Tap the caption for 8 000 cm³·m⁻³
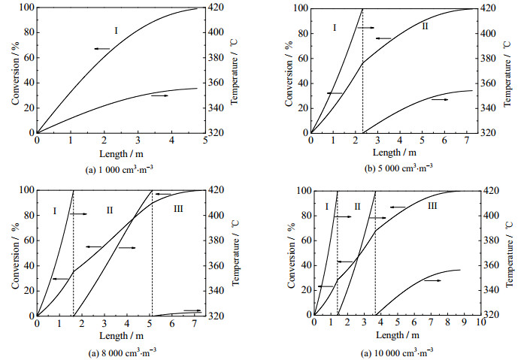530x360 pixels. tap(120, 350)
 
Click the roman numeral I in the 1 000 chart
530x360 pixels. tap(117, 31)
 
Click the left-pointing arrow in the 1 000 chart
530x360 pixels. tap(101, 48)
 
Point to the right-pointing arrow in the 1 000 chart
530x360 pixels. tap(159, 96)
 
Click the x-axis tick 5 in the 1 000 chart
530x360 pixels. tap(206, 141)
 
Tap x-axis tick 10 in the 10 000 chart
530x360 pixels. tap(481, 322)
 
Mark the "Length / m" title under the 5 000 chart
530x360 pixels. tap(392, 151)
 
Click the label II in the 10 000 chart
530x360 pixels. tap(358, 206)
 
